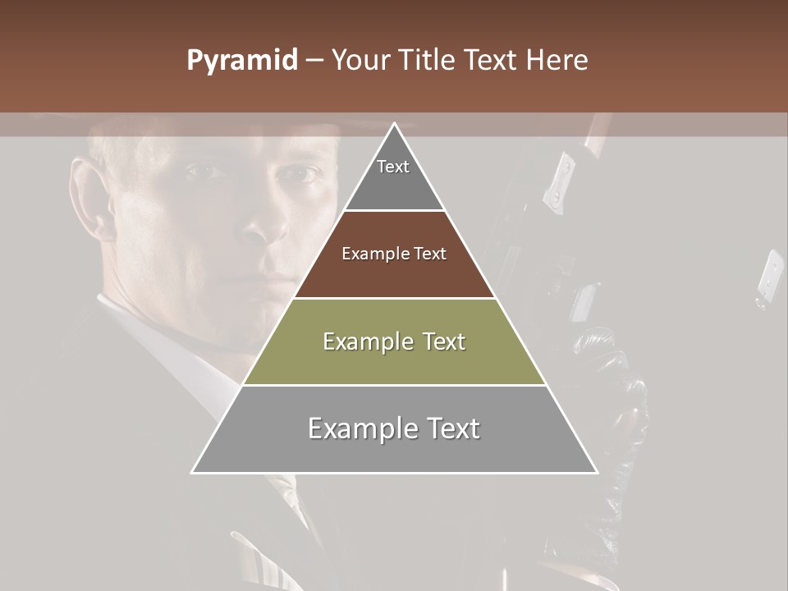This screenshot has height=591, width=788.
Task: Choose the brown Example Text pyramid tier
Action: tap(394, 254)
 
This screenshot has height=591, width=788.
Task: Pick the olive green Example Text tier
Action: tap(394, 341)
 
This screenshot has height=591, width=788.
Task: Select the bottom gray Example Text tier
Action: tap(394, 429)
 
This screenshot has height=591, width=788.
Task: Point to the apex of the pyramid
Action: tap(394, 126)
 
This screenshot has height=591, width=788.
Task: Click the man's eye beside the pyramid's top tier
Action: tap(305, 173)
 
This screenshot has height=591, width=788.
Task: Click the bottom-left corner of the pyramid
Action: tap(193, 472)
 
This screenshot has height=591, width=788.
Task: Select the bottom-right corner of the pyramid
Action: tap(596, 472)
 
